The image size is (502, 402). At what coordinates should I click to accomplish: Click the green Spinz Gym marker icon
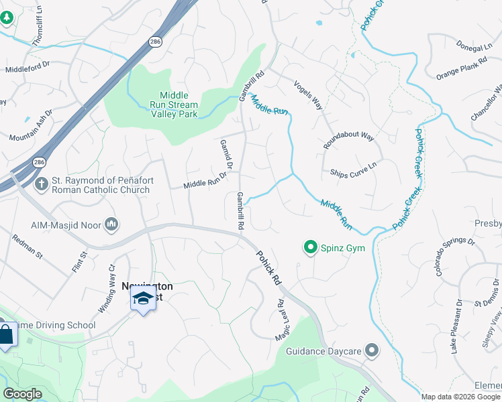(x=310, y=248)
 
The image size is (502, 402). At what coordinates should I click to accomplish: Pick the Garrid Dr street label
(x=226, y=155)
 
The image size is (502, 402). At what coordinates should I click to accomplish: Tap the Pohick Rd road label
(x=268, y=269)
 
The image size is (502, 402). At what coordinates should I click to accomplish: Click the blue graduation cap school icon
(x=143, y=297)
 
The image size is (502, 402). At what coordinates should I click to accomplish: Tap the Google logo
(x=22, y=394)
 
